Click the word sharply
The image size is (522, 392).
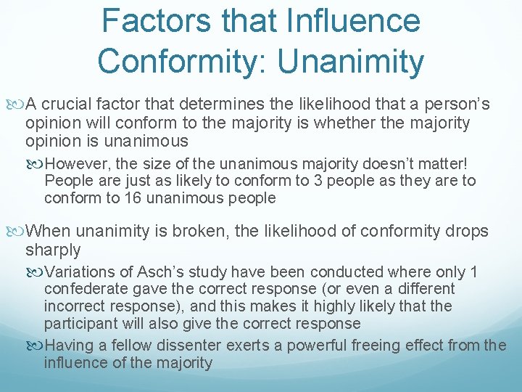(53, 250)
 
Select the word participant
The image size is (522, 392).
(80, 324)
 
